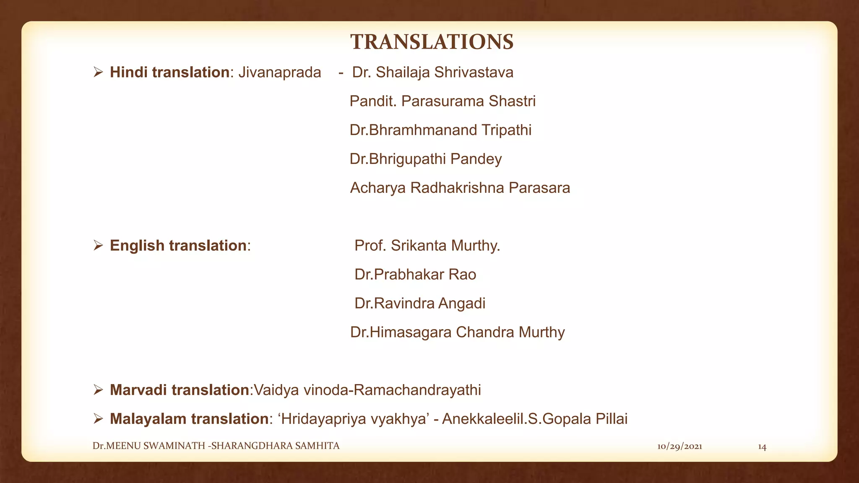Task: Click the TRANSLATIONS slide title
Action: click(x=432, y=42)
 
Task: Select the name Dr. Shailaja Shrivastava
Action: click(x=432, y=73)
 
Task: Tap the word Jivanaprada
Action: click(x=279, y=73)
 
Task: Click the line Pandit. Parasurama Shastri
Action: click(x=443, y=101)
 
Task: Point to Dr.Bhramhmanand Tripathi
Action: click(x=440, y=130)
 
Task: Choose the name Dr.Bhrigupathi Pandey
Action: click(x=426, y=159)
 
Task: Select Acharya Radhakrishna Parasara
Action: click(x=460, y=188)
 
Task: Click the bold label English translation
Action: click(x=178, y=246)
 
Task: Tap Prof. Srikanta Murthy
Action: click(x=427, y=246)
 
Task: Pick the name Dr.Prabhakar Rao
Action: click(x=415, y=275)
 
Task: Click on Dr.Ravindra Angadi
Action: click(x=420, y=304)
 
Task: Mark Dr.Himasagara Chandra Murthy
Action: click(x=457, y=332)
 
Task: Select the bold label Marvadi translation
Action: click(x=180, y=390)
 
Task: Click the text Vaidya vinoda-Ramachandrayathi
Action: click(x=367, y=390)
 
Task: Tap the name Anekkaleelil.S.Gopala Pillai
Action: click(x=535, y=419)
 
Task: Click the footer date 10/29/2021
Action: click(x=679, y=447)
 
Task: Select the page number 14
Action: click(x=762, y=447)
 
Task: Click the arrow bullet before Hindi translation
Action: click(x=98, y=73)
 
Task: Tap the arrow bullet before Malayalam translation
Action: click(x=98, y=419)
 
